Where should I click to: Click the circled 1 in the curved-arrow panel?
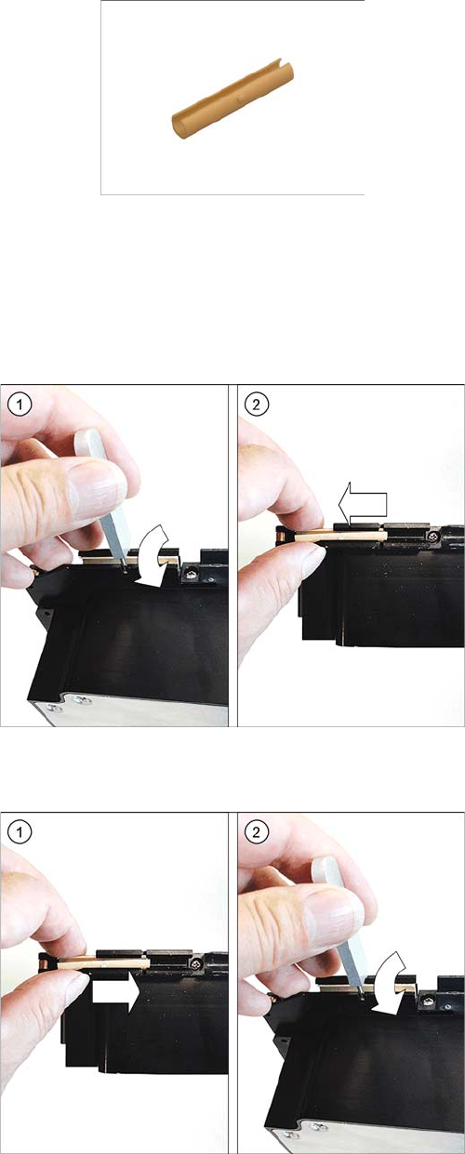tap(20, 405)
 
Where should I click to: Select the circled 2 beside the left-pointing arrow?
tap(257, 405)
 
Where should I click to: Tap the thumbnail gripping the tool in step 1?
tap(97, 486)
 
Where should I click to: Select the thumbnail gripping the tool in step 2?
tap(334, 914)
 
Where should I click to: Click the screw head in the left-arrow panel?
tap(432, 537)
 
